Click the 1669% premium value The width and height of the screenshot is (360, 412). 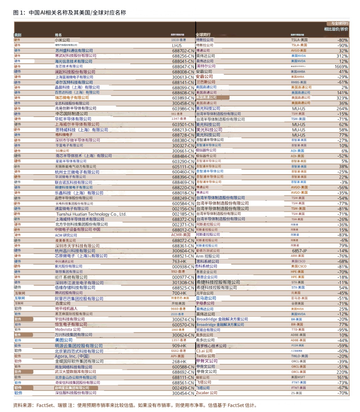tap(341, 66)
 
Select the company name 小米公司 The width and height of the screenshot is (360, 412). tap(62, 40)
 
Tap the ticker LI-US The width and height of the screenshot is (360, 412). tap(177, 45)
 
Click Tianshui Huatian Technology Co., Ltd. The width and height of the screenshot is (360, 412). tap(91, 214)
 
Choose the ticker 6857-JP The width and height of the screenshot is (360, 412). tap(300, 251)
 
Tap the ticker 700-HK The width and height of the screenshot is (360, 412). tap(179, 293)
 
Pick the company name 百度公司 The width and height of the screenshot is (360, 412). tap(63, 303)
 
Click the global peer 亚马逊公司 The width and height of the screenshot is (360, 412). tap(206, 298)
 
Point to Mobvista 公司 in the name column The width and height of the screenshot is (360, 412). tap(67, 329)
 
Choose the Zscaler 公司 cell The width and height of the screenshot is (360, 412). tap(207, 393)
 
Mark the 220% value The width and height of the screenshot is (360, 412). tap(342, 372)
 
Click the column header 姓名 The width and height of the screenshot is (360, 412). tap(58, 35)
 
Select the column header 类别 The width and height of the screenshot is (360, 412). tap(18, 35)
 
